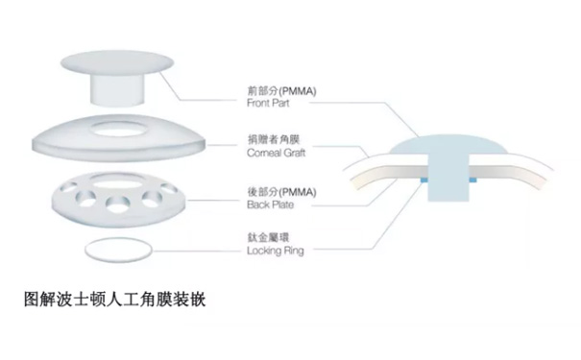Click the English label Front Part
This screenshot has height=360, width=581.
click(268, 103)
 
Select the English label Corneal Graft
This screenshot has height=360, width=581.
click(276, 153)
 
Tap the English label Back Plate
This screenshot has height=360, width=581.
click(270, 204)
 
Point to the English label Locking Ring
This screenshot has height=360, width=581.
click(276, 251)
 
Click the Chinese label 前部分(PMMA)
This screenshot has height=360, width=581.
click(281, 91)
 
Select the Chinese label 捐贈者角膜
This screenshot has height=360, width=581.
click(273, 139)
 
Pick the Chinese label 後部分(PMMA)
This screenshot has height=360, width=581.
click(281, 192)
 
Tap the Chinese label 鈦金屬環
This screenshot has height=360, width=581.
click(268, 237)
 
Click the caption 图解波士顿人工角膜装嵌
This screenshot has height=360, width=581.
click(114, 300)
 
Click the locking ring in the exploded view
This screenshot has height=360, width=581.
click(118, 261)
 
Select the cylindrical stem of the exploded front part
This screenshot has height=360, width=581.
click(116, 90)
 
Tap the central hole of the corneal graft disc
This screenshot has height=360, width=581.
click(116, 128)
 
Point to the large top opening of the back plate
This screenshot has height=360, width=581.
click(116, 180)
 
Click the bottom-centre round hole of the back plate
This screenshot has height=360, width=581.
click(118, 204)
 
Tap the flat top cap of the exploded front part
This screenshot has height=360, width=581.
click(117, 63)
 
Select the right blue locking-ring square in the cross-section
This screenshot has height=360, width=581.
click(472, 180)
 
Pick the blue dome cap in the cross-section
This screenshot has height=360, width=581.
click(448, 145)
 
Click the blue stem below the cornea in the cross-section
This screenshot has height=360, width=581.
click(448, 178)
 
